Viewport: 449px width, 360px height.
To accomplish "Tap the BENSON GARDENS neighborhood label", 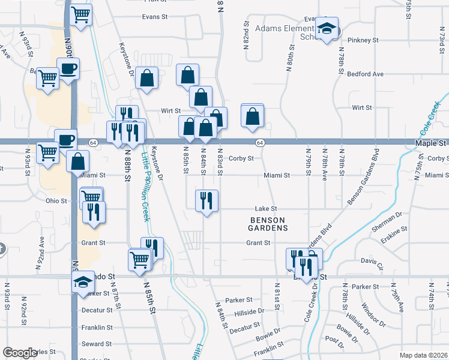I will coord(268,224).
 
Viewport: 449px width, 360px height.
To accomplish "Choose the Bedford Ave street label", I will coord(365,74).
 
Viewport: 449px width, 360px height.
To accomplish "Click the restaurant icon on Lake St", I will coord(206,200).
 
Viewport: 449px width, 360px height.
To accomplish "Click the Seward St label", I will coord(97,344).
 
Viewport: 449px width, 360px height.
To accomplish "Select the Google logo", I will coord(19,353).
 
